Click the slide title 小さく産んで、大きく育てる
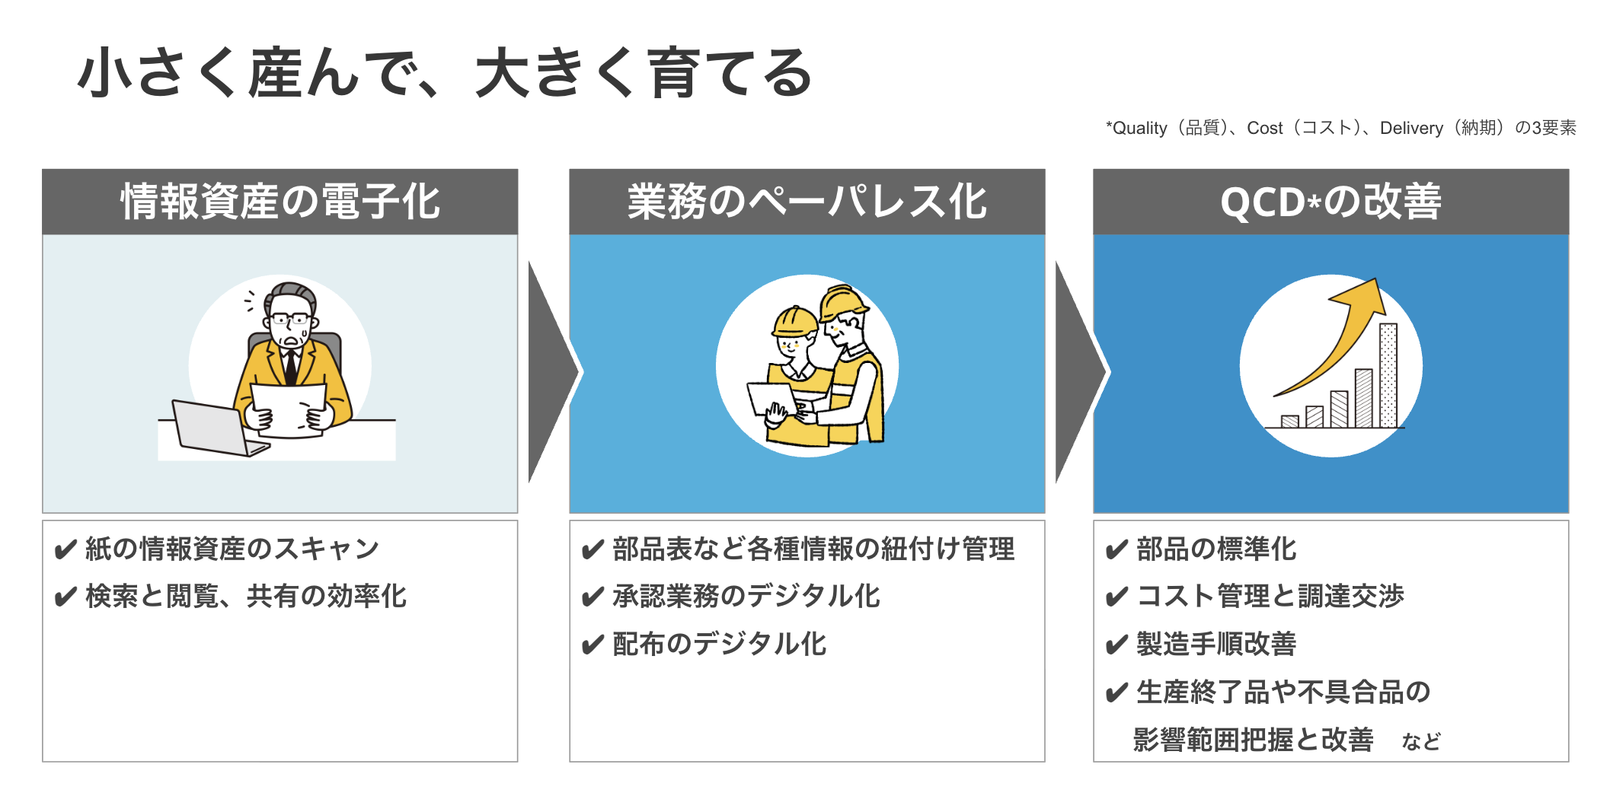[x=446, y=73]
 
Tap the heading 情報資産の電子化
[x=280, y=202]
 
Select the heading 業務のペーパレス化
[x=807, y=202]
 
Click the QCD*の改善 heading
[x=1330, y=202]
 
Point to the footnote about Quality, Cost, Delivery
[x=1341, y=128]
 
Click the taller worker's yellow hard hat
[x=843, y=302]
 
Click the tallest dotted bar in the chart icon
[x=1388, y=375]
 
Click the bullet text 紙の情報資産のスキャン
[x=232, y=549]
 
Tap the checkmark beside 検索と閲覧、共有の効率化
[x=65, y=597]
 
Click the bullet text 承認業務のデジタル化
[x=746, y=596]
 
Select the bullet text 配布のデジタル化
[x=720, y=644]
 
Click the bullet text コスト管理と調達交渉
[x=1270, y=596]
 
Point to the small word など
[x=1421, y=741]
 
